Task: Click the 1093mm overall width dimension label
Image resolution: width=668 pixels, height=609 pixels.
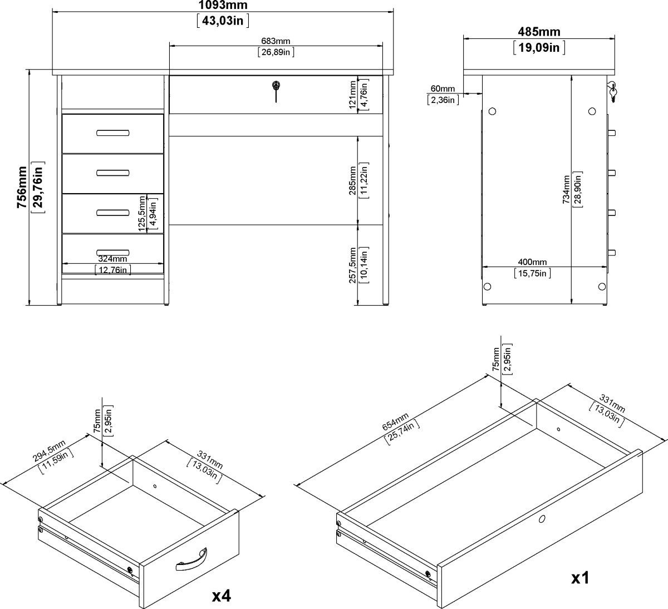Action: point(223,5)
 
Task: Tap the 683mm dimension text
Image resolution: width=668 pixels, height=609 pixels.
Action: point(276,41)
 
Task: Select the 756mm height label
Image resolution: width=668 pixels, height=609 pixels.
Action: point(22,187)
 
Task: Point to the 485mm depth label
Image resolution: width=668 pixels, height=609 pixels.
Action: point(539,32)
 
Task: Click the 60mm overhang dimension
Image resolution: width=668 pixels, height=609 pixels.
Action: point(443,89)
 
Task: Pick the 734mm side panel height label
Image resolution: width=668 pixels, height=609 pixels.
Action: point(567,190)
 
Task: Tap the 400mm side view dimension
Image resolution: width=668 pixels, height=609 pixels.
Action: point(532,262)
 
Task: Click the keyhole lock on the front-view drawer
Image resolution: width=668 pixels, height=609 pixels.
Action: point(276,86)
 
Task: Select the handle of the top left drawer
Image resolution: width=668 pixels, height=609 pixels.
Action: point(112,133)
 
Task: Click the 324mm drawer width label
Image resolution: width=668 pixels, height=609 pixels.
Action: point(112,259)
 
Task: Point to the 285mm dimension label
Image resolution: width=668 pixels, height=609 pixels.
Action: point(353,180)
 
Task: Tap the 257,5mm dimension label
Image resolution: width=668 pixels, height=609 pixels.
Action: point(353,266)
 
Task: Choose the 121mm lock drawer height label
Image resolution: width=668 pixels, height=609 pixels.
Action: point(353,95)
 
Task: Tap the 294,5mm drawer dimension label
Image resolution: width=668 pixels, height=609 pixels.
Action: point(50,451)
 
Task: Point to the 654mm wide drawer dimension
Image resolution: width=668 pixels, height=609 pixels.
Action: point(395,422)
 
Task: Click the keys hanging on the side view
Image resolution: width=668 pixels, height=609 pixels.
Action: point(612,92)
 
